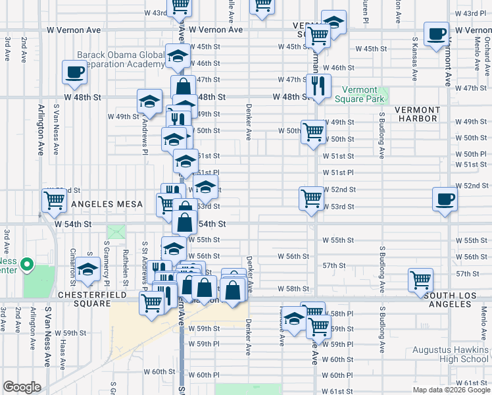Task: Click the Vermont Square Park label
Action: pos(359,94)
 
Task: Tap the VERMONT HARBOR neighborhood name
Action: pos(416,114)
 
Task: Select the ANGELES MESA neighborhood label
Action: pos(107,205)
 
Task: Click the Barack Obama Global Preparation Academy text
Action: pos(120,59)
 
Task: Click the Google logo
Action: pos(22,387)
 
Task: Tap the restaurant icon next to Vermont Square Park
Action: pos(318,85)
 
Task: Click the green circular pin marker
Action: pos(26,265)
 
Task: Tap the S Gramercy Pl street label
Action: pos(105,258)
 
